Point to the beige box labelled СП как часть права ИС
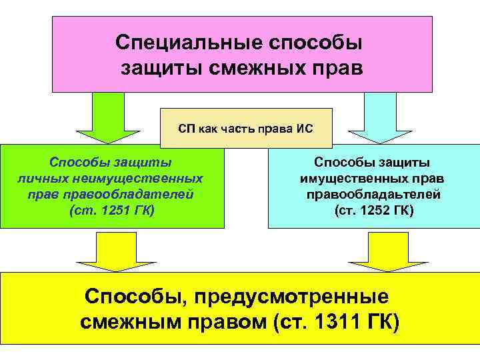pyautogui.click(x=246, y=127)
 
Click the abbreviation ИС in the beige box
pyautogui.click(x=305, y=127)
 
